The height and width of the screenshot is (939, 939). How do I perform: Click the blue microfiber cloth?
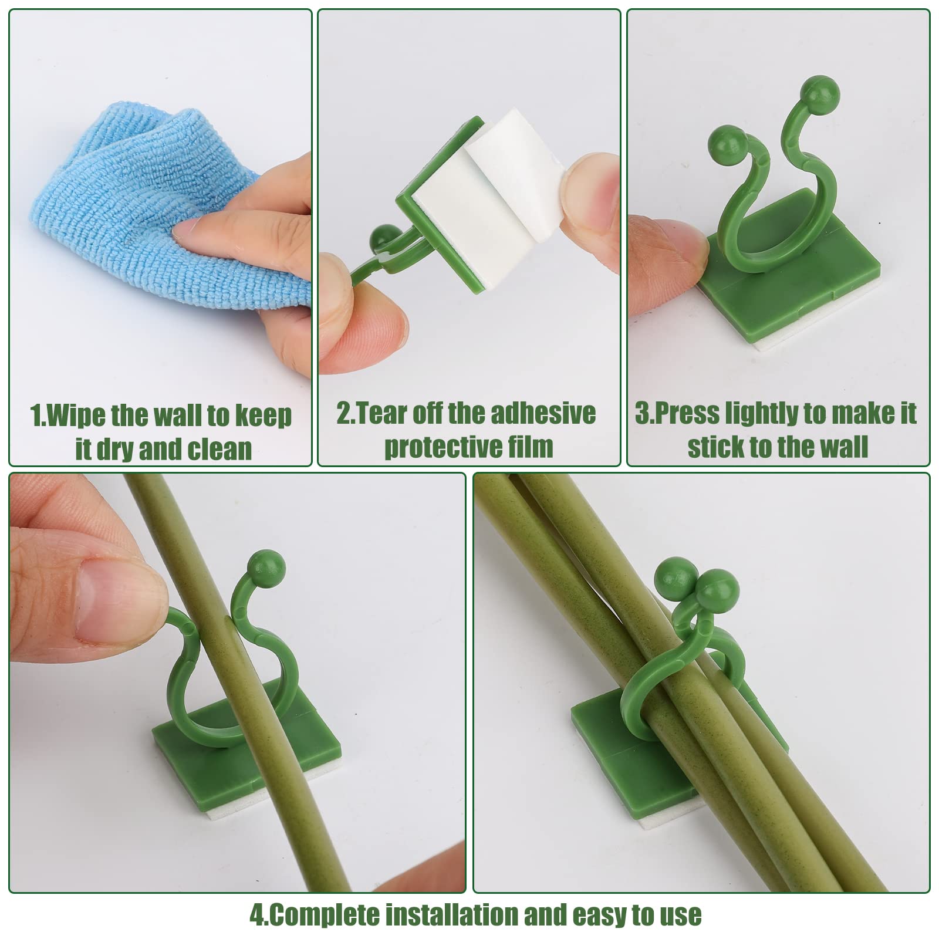(x=117, y=194)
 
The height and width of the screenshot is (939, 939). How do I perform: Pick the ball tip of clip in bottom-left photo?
(x=266, y=568)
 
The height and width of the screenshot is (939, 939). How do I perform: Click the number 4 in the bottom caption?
(x=256, y=916)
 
